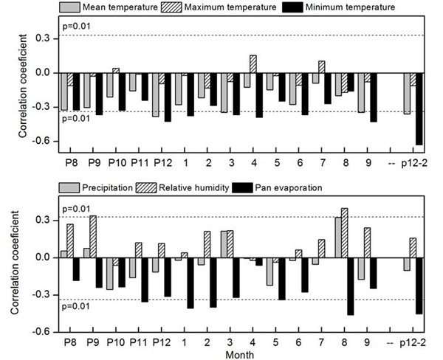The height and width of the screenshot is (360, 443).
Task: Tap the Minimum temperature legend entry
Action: coord(336,8)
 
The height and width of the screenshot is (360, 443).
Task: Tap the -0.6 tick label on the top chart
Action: coord(41,141)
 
